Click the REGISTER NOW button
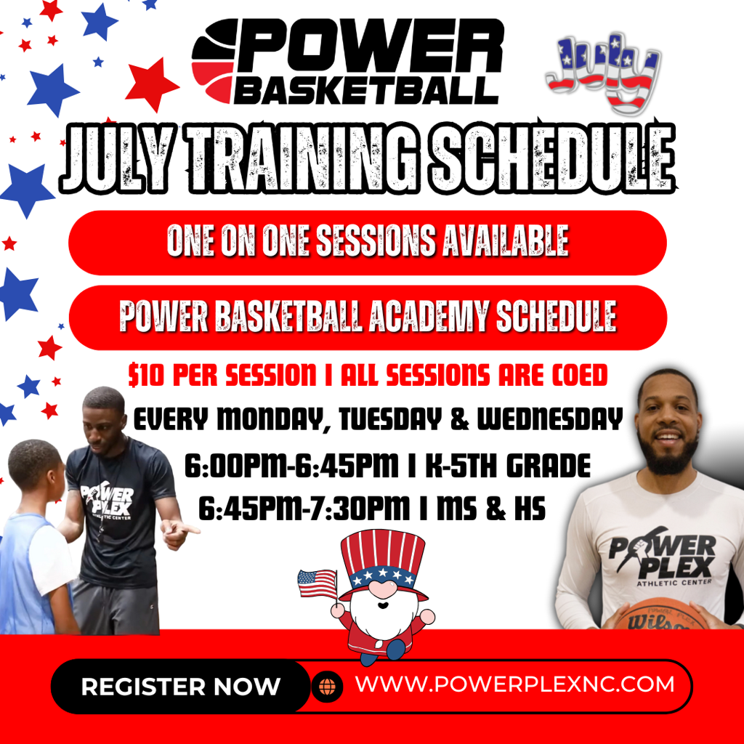pyautogui.click(x=180, y=686)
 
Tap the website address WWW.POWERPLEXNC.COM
pyautogui.click(x=515, y=684)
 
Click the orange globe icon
pyautogui.click(x=327, y=687)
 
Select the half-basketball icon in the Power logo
pyautogui.click(x=214, y=62)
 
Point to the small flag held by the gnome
pyautogui.click(x=317, y=583)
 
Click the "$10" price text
pyautogui.click(x=145, y=376)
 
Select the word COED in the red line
pyautogui.click(x=580, y=376)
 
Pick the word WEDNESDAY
pyautogui.click(x=549, y=419)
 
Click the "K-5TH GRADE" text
pyautogui.click(x=508, y=466)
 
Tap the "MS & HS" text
pyautogui.click(x=491, y=508)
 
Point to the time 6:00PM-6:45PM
pyautogui.click(x=291, y=466)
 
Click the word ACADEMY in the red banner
pyautogui.click(x=429, y=317)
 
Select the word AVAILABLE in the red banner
pyautogui.click(x=506, y=241)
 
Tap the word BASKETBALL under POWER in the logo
pyautogui.click(x=366, y=90)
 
